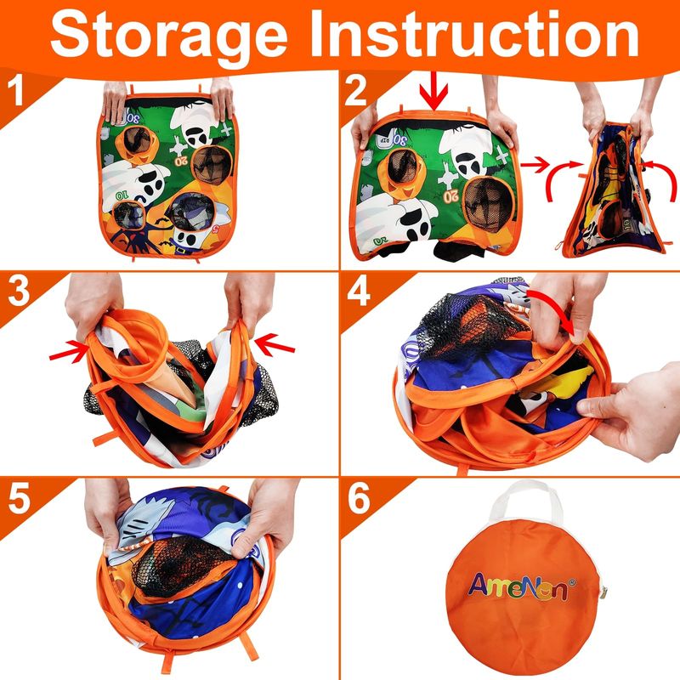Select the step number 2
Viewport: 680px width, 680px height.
[x=355, y=92]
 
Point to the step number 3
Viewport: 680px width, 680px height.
[x=19, y=291]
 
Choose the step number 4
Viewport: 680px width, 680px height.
[x=358, y=291]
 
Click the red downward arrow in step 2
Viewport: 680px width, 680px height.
[x=433, y=91]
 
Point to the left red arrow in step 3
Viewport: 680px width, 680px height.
[x=70, y=352]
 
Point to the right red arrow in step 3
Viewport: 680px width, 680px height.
[x=275, y=343]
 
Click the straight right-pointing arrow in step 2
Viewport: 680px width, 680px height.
[x=535, y=165]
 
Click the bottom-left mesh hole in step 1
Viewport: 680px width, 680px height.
[x=128, y=215]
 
